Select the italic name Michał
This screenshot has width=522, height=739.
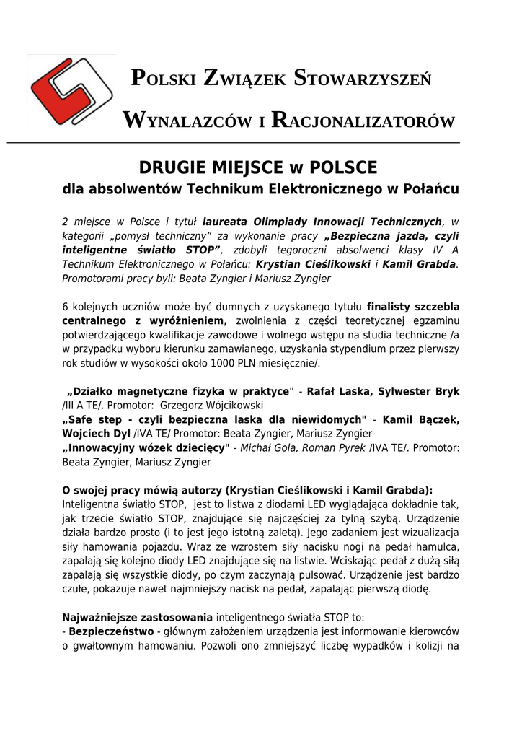[257, 448]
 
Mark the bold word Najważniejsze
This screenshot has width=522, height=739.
[100, 618]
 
